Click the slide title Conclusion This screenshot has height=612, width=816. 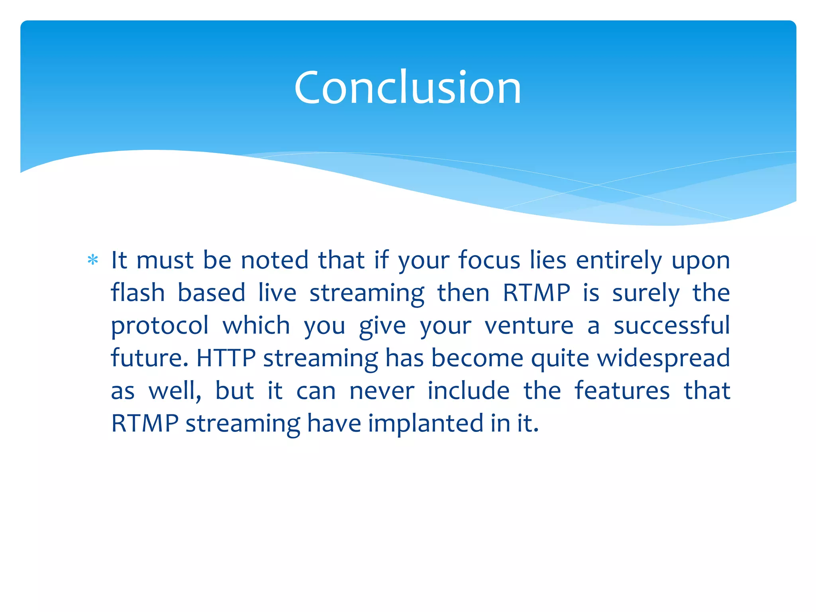[x=408, y=87]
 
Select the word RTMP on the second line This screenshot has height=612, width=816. [x=536, y=293]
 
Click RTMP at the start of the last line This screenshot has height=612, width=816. [x=145, y=423]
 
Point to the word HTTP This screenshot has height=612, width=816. [x=226, y=358]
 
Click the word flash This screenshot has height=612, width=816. [x=137, y=293]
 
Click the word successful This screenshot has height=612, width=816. [x=671, y=325]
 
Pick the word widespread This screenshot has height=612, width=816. [x=663, y=358]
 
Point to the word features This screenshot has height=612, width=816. [x=622, y=390]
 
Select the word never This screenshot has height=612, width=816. [x=382, y=390]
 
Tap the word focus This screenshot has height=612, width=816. [x=489, y=260]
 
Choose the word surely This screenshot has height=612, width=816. [x=646, y=294]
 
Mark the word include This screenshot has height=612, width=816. [x=469, y=390]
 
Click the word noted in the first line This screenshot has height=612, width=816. [x=275, y=260]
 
